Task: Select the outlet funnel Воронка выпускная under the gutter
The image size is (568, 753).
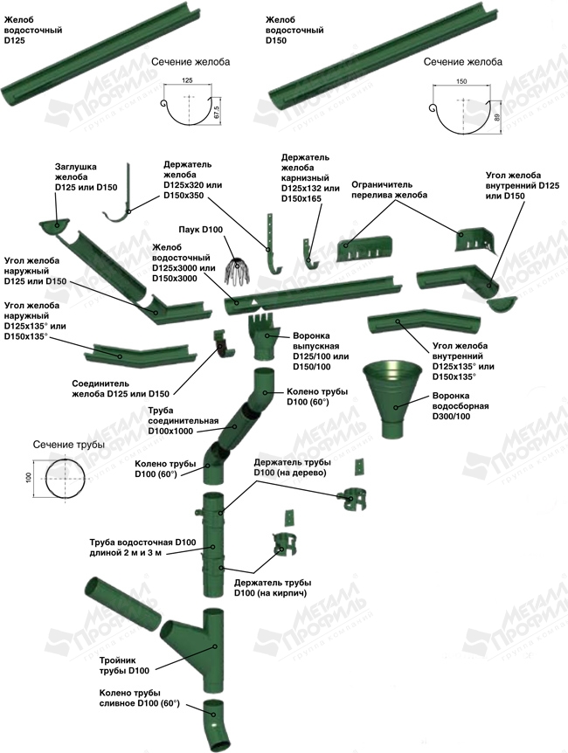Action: pyautogui.click(x=264, y=337)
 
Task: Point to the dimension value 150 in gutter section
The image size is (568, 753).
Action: pyautogui.click(x=461, y=81)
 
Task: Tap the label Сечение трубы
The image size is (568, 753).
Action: pyautogui.click(x=69, y=445)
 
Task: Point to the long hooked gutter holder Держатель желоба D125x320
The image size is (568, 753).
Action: pyautogui.click(x=123, y=203)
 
